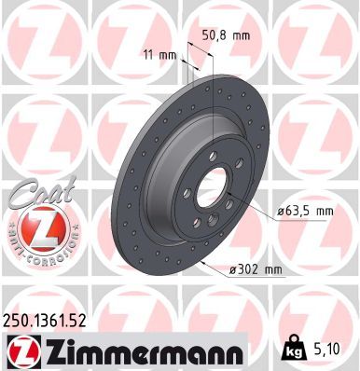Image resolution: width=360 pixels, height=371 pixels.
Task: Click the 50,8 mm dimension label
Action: [x=227, y=35]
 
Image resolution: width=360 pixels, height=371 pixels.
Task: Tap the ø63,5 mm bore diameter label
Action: [x=306, y=212]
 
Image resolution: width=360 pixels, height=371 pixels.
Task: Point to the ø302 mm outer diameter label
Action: [x=256, y=270]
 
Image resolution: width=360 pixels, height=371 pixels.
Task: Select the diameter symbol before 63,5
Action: [x=281, y=213]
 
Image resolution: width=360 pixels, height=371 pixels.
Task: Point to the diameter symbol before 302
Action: [x=233, y=270]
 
